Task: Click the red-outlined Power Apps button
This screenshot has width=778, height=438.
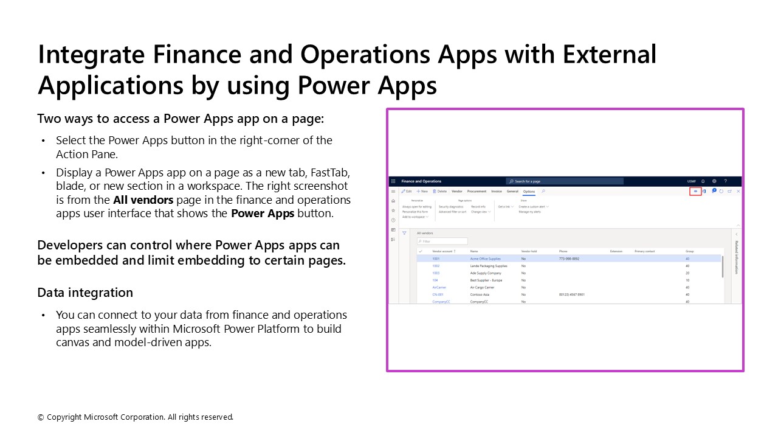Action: coord(695,192)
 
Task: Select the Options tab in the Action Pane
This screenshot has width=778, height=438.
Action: coord(529,192)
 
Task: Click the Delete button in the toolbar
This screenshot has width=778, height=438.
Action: coord(440,192)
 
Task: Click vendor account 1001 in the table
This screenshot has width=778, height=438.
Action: coord(436,259)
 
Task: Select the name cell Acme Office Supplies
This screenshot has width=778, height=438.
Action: coord(485,259)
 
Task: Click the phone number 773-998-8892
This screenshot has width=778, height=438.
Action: coord(569,259)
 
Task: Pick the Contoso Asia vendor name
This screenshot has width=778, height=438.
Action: coord(481,294)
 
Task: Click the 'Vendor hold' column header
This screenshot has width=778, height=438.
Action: coord(529,251)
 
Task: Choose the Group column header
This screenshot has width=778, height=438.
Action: coord(689,251)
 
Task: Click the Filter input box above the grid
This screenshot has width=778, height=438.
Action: coord(442,242)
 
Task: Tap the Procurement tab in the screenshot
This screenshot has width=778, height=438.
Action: coord(477,192)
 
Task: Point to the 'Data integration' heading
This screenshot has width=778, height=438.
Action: coord(85,293)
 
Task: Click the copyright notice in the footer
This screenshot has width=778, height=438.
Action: coord(136,417)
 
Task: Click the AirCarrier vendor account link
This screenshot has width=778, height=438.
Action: coord(439,287)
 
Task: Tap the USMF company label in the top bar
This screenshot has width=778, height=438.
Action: coord(692,181)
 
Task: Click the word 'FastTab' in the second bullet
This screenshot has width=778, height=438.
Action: coord(329,172)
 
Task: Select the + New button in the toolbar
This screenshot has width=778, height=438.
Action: coord(422,192)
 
